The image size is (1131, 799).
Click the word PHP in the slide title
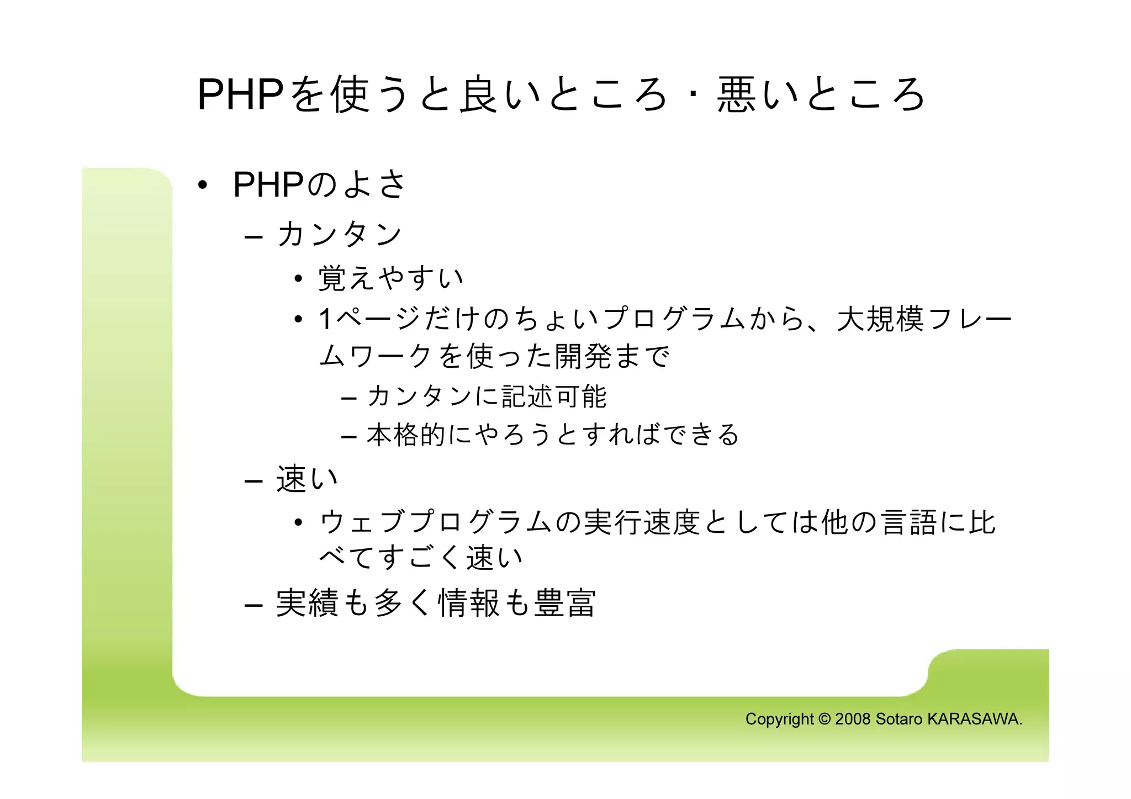240,95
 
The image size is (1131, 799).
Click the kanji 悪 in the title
736,95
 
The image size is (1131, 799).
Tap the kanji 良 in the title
478,95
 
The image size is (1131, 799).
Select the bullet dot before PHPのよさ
203,186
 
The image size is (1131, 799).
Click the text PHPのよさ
319,184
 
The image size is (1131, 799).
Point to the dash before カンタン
253,237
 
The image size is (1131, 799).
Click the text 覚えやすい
390,278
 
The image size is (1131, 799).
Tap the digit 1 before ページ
326,319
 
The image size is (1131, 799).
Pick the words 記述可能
554,396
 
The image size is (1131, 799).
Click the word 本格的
406,435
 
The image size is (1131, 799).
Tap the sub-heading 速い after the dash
307,479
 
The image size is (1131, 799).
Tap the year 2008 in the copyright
853,719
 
